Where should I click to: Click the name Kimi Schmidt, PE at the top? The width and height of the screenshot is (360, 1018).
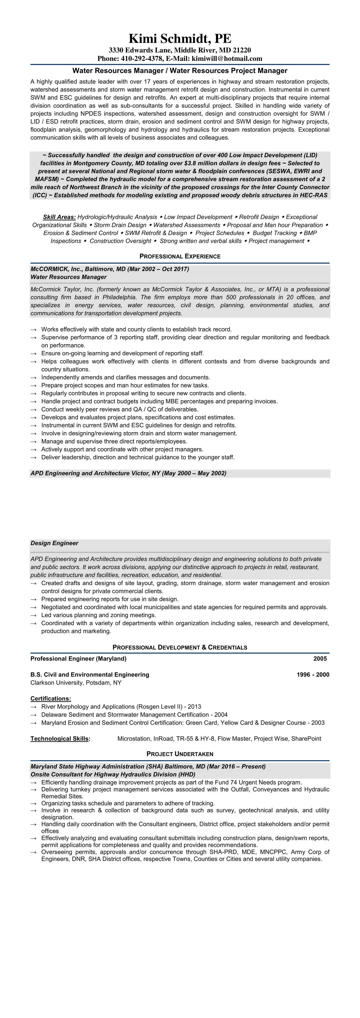180,39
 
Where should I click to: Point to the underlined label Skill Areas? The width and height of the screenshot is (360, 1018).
59,217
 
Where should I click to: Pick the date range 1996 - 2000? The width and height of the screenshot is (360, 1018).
313,675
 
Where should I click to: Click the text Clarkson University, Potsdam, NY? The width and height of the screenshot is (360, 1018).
76,683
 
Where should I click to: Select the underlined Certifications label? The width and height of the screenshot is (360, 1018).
50,699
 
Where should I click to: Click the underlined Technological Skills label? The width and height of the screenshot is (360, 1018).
60,739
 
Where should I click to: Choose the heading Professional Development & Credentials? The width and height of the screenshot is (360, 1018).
180,647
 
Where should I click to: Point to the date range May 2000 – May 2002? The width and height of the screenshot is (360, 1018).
194,474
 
